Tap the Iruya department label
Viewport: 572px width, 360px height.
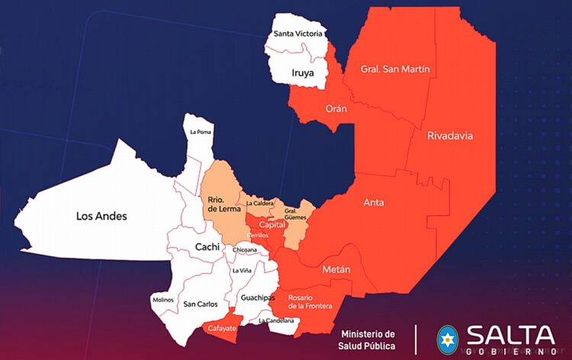(303, 73)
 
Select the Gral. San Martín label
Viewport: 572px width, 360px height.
(396, 69)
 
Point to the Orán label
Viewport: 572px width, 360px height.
(336, 109)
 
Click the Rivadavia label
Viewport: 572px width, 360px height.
(450, 136)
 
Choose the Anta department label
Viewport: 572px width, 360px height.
(374, 202)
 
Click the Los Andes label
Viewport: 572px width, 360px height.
(101, 216)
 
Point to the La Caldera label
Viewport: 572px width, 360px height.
(260, 204)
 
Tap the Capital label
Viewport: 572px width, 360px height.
(272, 225)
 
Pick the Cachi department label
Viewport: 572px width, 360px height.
(207, 246)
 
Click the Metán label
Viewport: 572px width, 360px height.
(336, 269)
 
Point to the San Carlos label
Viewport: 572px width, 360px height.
(201, 304)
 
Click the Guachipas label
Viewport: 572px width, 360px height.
(257, 297)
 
